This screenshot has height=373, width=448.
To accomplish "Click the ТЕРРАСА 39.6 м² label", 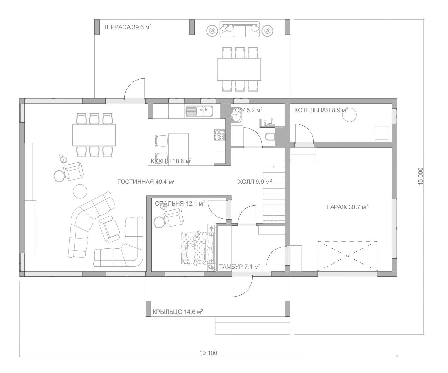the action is click(x=127, y=27).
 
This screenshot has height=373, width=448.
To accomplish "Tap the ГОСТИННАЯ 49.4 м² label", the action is click(x=146, y=182).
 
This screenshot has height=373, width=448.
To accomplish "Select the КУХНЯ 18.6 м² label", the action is click(x=171, y=161).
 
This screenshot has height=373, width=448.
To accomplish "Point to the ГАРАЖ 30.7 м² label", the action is click(x=348, y=207).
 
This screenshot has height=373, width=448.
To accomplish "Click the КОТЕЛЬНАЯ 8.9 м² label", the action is click(x=321, y=110).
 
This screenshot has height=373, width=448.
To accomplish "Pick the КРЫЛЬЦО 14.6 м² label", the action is click(x=178, y=312).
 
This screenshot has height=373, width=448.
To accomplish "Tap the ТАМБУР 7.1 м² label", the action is click(x=240, y=267).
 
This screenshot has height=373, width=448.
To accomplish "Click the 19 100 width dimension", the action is click(x=208, y=353).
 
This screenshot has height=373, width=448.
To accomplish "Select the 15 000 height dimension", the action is click(x=420, y=176).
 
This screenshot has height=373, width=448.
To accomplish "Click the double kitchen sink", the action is click(x=199, y=111).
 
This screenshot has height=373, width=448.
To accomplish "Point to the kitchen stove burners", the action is click(x=220, y=135).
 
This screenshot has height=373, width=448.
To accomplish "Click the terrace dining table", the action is click(x=239, y=69).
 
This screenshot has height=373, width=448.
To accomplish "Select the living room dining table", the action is click(x=94, y=135).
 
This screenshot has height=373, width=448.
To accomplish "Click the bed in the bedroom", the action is click(x=198, y=248).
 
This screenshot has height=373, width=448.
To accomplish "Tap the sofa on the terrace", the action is click(x=240, y=29).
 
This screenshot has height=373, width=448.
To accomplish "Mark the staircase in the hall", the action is click(x=274, y=195).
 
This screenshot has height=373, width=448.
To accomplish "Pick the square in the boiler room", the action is click(x=381, y=133).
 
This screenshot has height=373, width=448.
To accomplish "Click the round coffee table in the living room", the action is click(x=80, y=191).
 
